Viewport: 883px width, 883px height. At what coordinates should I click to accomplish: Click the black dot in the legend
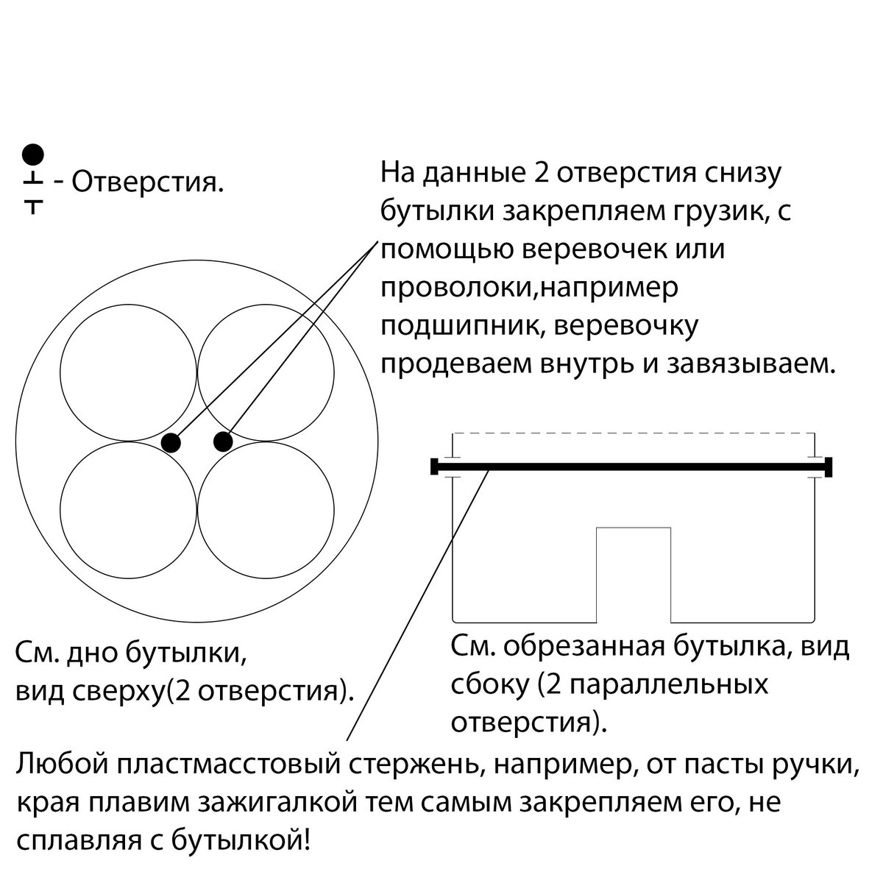33,154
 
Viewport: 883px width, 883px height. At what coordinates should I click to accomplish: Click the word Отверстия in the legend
148,183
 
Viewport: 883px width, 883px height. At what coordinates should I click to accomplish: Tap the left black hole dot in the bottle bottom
171,443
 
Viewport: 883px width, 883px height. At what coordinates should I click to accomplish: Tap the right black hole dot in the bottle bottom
223,441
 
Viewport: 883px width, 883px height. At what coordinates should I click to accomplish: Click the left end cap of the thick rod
434,467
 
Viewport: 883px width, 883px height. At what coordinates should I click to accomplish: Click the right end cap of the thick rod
829,467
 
